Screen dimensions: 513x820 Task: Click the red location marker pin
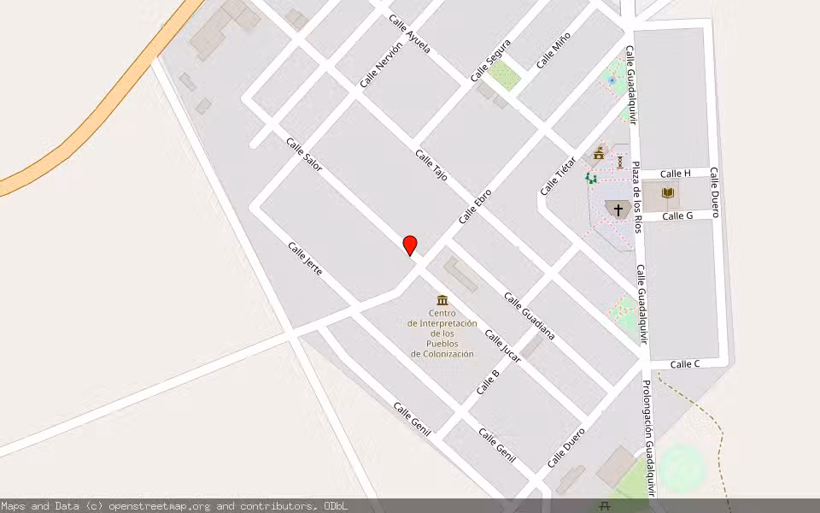410,245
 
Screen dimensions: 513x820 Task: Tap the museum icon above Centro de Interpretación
442,300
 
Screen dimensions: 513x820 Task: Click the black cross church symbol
618,209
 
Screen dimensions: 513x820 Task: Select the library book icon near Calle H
668,193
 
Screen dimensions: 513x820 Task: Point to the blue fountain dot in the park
612,80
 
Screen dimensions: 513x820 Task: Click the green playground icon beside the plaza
590,178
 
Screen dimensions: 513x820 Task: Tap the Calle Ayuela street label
409,34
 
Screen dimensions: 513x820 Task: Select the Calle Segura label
490,61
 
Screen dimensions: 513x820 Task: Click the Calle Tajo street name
431,164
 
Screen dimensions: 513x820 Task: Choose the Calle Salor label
304,155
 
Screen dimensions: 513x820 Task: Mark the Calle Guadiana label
529,315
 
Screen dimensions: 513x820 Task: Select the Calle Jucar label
502,345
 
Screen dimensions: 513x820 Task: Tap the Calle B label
488,381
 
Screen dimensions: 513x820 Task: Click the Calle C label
685,364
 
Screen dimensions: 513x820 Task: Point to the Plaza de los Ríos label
636,196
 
